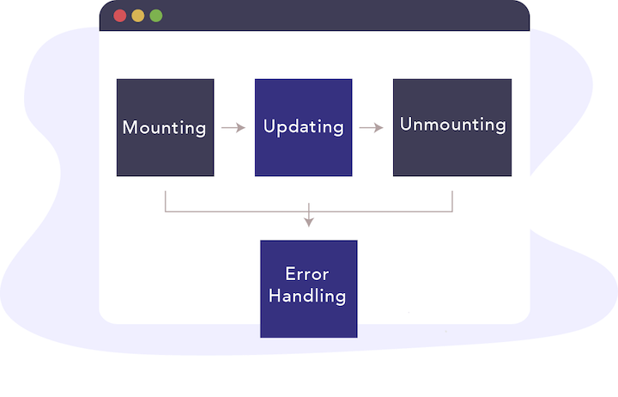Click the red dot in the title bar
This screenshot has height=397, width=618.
[119, 15]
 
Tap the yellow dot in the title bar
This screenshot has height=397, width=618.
[137, 15]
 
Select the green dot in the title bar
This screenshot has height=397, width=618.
[155, 15]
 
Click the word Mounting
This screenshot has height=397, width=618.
[165, 128]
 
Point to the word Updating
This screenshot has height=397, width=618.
[303, 127]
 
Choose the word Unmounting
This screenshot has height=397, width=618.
[452, 125]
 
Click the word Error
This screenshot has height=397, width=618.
[307, 275]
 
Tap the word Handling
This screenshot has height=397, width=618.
[307, 296]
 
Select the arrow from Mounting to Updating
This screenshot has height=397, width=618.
[233, 128]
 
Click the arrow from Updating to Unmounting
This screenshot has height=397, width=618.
[372, 128]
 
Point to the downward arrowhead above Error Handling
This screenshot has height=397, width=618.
[309, 222]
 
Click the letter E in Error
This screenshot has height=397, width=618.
[290, 275]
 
